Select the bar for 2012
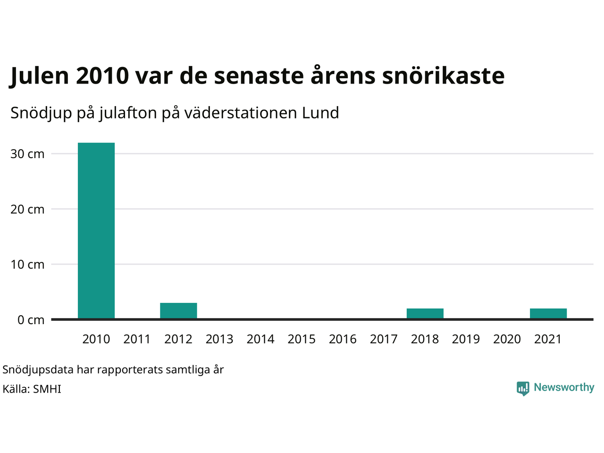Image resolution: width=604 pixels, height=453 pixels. pos(178,310)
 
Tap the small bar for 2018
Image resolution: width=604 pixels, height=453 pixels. pos(425,313)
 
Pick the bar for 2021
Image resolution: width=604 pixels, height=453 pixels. pos(548,313)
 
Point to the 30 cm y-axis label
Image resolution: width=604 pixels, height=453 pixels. pos(27,154)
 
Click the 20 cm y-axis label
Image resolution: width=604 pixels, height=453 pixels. pos(27,209)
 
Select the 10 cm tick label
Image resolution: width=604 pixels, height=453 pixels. pos(27,264)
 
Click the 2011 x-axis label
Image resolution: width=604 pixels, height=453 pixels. pos(137,339)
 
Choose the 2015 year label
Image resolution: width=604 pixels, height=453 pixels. pos(302,339)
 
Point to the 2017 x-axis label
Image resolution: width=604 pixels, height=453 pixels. pos(384,339)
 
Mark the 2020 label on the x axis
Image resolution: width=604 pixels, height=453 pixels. pos(507,339)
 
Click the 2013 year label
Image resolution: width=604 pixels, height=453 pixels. pos(219,339)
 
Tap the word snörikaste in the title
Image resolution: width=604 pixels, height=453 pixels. pos(443,75)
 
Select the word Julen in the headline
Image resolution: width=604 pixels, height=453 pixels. pos(39,75)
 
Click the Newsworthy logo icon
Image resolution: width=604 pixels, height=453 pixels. pos(523,388)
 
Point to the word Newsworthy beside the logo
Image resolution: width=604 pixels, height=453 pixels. pos(564,387)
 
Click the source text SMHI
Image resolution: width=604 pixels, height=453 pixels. pos(47,389)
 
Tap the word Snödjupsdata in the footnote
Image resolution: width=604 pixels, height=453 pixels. pos(38,369)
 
